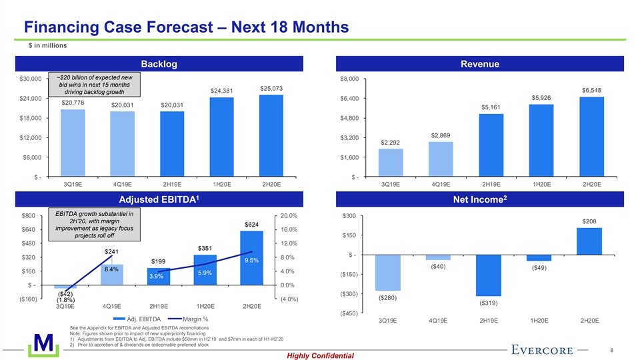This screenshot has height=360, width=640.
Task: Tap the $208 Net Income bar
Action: (x=589, y=241)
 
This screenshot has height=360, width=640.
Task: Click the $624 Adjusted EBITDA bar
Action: (x=252, y=258)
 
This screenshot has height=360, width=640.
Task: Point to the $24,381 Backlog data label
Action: (x=222, y=91)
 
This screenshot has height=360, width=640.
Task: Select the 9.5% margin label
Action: (x=252, y=261)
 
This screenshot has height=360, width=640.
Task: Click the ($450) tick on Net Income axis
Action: (x=350, y=313)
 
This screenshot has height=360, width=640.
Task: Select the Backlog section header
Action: (x=159, y=63)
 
